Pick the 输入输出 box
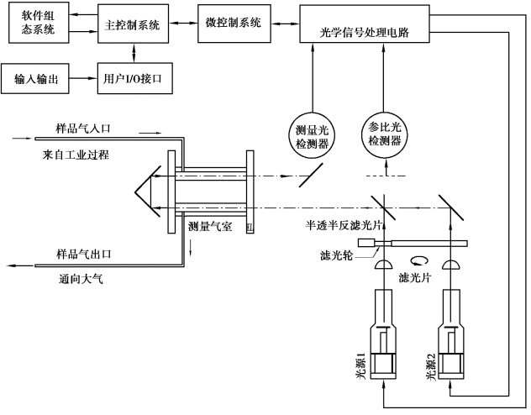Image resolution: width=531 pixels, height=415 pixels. tap(36, 79)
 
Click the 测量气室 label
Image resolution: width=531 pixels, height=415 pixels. tap(211, 226)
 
